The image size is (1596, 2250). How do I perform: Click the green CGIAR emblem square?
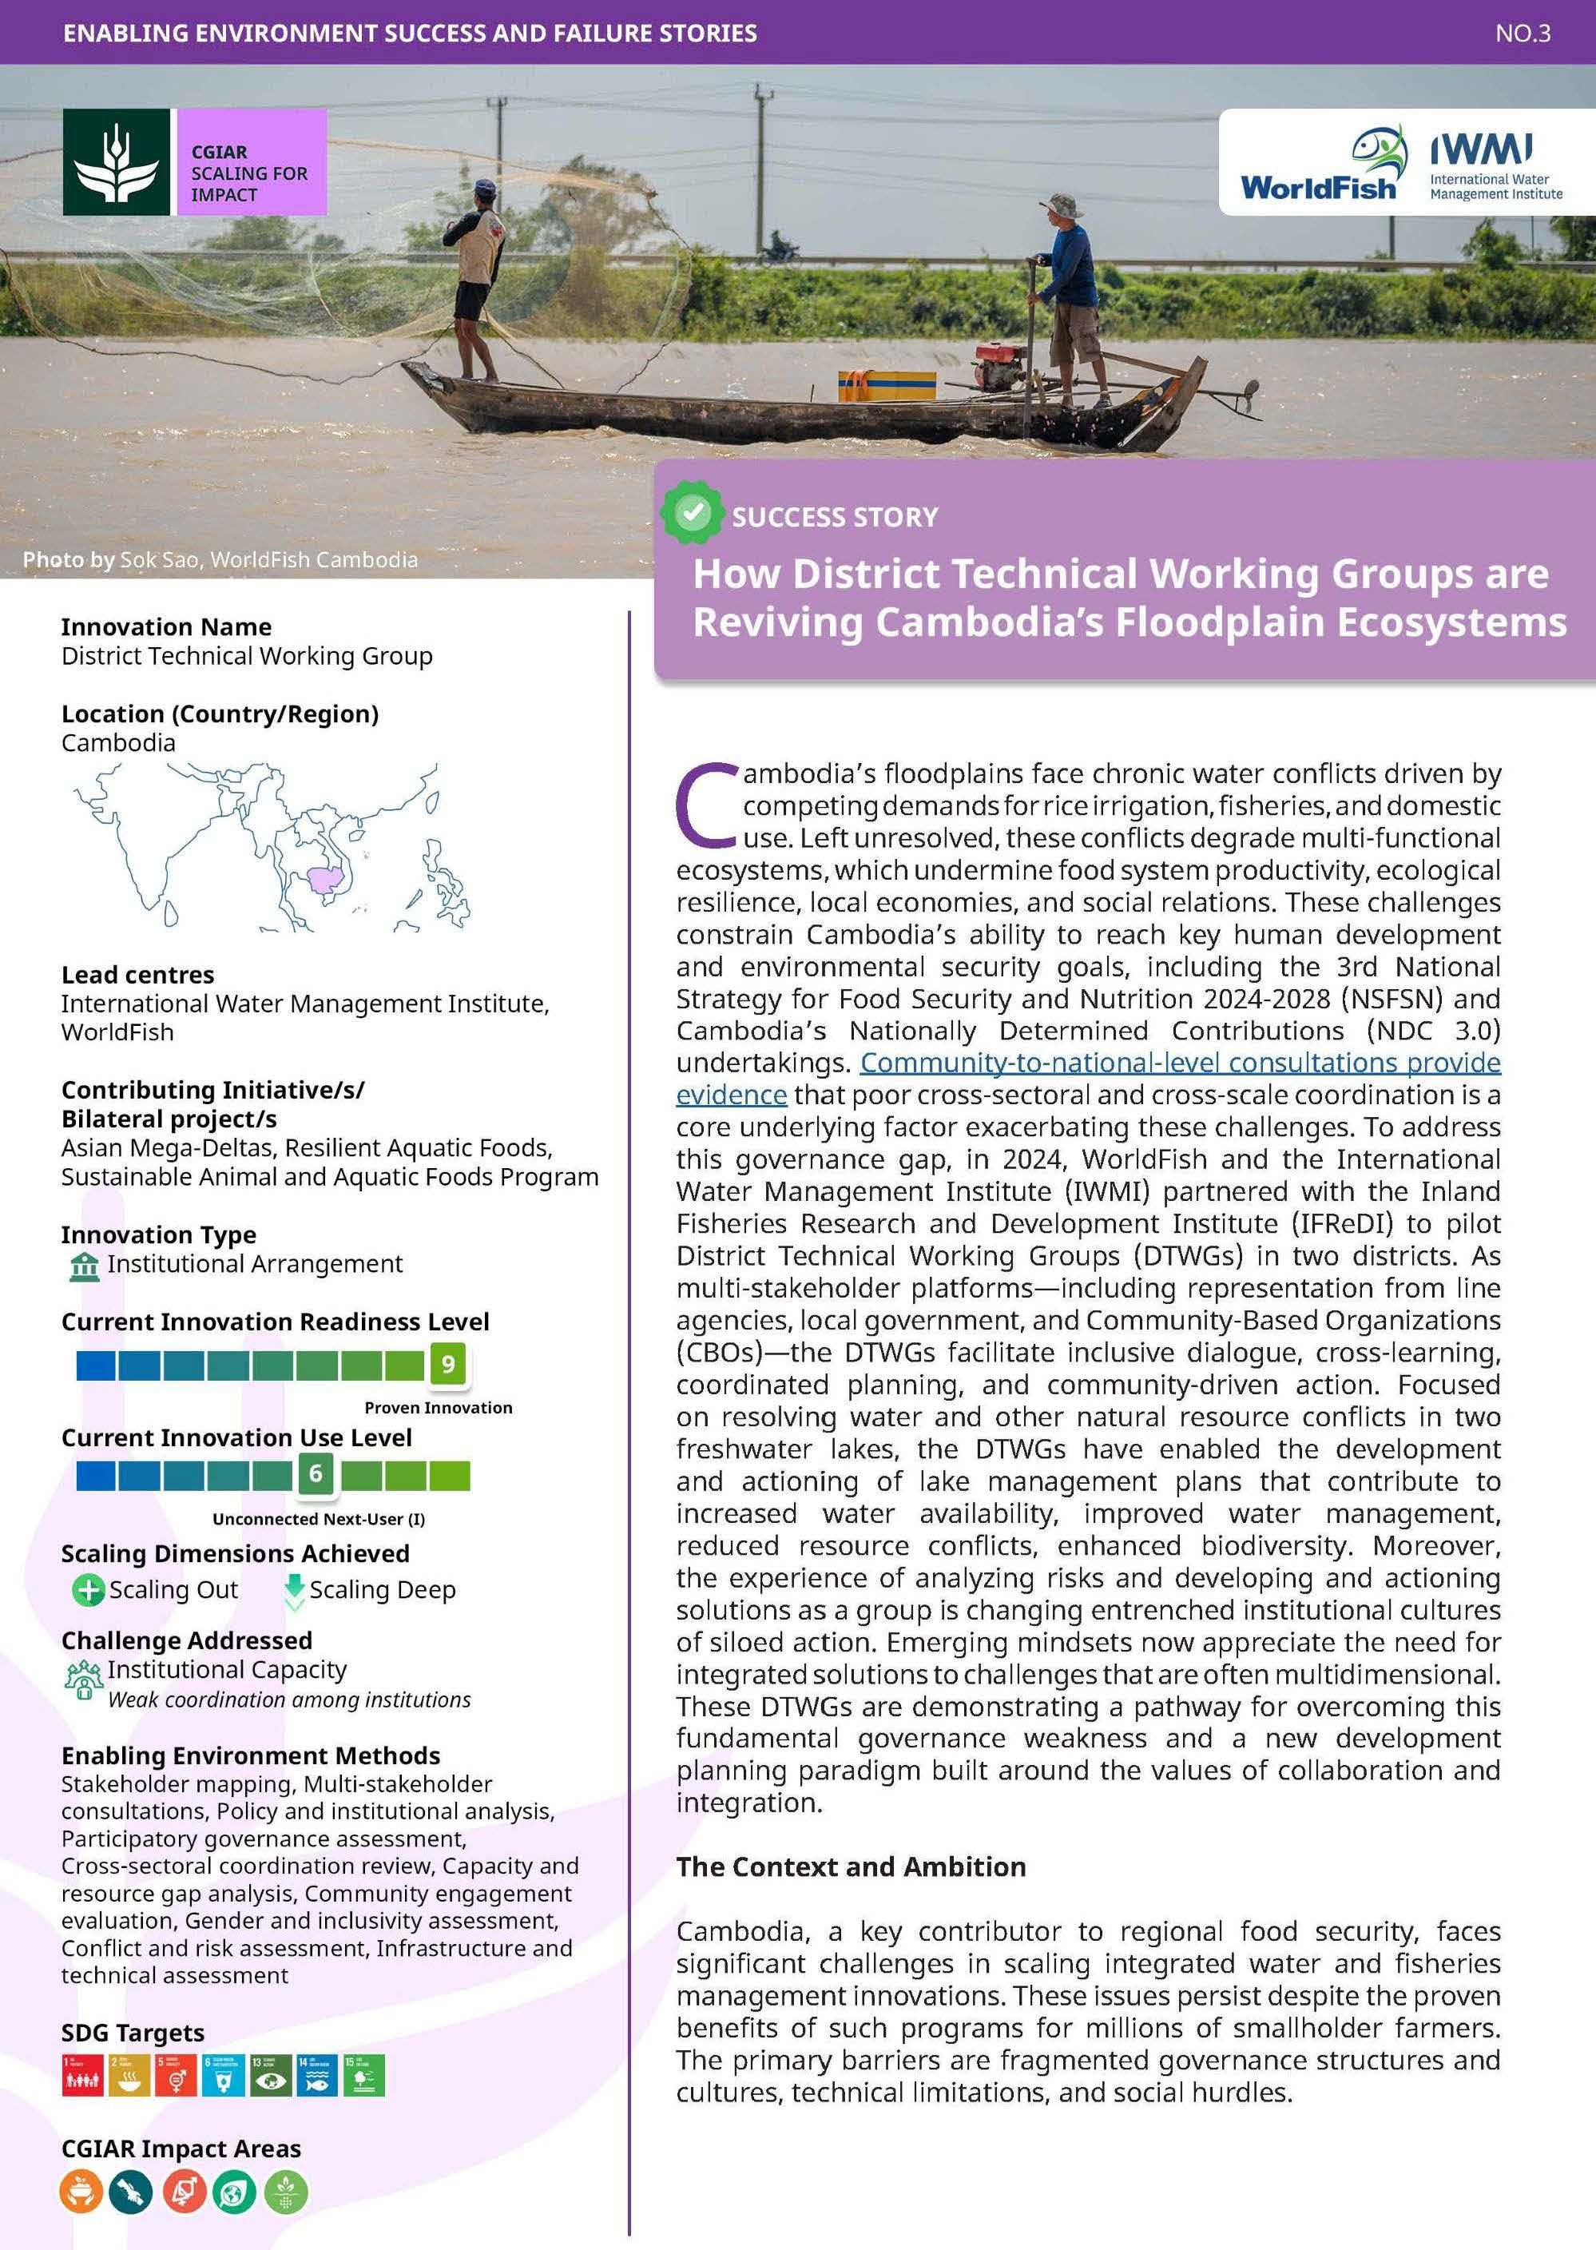coord(117,162)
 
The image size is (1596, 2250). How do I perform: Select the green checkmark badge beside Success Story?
coord(692,512)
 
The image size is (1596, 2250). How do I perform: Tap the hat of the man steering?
coord(1062,205)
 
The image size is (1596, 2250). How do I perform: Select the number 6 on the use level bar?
coord(316,1473)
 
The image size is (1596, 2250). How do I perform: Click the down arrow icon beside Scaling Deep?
coord(294,1589)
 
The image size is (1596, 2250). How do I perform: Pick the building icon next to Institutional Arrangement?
coord(85,1266)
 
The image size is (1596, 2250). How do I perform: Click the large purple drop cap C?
coord(705,804)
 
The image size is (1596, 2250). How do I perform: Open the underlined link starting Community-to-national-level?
coord(1179,1063)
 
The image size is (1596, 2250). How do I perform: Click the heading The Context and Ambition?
coord(850,1866)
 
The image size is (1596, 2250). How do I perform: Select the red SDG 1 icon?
coord(81,2075)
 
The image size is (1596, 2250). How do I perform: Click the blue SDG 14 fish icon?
coord(316,2075)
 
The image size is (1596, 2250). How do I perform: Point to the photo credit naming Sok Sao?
coord(220,559)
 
